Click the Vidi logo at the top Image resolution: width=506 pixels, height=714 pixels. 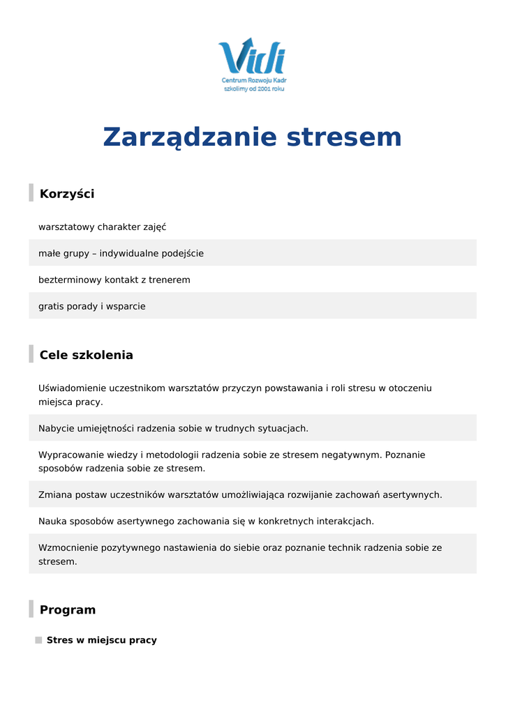(252, 57)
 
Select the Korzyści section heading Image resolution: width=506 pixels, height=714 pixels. (67, 194)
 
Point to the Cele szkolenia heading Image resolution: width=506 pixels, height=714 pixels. (86, 355)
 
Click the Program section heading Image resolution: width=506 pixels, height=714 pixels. (68, 610)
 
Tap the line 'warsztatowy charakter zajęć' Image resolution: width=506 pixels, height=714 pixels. (102, 227)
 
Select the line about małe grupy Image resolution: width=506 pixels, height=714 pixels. (121, 253)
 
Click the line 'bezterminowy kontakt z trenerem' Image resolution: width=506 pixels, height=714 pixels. (114, 280)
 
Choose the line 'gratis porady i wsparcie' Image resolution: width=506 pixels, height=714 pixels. (91, 306)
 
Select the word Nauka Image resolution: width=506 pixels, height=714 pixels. (53, 521)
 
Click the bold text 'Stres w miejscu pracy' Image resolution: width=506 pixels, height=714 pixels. (102, 640)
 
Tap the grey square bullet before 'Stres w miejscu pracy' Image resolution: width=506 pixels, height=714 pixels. (38, 640)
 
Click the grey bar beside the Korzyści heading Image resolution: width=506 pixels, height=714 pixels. (31, 193)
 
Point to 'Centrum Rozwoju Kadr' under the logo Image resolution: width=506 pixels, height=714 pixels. (254, 81)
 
